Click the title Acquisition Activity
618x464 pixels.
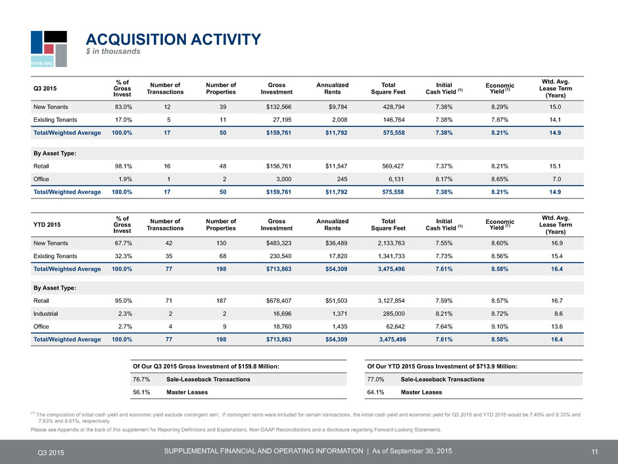[x=173, y=39]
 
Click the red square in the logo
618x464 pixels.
[x=49, y=49]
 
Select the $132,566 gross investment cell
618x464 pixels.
[x=279, y=107]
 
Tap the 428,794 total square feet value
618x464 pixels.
[x=394, y=107]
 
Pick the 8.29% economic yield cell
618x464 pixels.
[x=500, y=107]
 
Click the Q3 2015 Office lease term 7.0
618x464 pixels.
[x=556, y=179]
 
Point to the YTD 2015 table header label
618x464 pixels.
[x=47, y=225]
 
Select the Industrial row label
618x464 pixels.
[x=46, y=314]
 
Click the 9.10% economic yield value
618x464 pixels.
[x=500, y=326]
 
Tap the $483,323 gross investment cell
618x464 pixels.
[x=279, y=243]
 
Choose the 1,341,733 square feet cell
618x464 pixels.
[x=391, y=256]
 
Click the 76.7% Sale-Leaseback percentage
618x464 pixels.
[x=141, y=380]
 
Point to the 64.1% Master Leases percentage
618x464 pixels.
[x=375, y=392]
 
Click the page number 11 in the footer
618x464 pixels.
[x=595, y=452]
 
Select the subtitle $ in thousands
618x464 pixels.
[x=113, y=51]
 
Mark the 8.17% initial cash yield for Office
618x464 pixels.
[x=444, y=179]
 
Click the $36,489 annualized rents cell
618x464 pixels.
[x=336, y=243]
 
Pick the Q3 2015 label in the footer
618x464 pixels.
[x=51, y=453]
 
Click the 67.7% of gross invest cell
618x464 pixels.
[x=124, y=243]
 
